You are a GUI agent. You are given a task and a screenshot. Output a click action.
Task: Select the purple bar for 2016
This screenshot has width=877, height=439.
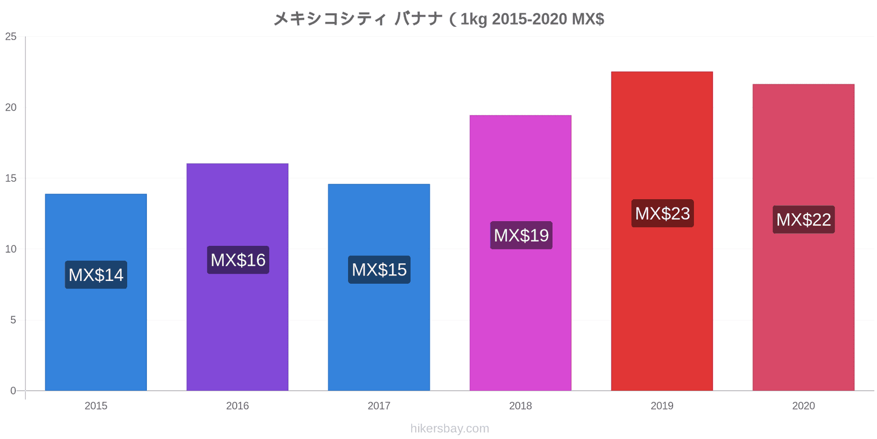click(237, 329)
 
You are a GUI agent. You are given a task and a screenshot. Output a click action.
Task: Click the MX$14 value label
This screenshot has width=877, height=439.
click(96, 275)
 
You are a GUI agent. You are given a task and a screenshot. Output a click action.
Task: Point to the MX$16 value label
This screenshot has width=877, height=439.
click(238, 260)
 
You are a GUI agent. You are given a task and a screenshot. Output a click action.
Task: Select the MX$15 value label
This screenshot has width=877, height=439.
click(379, 270)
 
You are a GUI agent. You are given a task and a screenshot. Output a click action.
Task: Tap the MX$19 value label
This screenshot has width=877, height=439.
click(521, 235)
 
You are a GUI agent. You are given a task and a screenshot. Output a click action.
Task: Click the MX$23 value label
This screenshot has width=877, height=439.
click(662, 213)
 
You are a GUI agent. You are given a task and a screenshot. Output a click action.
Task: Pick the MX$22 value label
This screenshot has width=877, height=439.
click(804, 219)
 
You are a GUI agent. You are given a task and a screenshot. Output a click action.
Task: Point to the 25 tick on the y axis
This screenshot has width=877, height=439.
click(11, 37)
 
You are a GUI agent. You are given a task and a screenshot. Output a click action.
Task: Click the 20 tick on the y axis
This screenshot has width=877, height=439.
click(11, 108)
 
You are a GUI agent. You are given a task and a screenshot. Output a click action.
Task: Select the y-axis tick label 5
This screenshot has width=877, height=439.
click(13, 320)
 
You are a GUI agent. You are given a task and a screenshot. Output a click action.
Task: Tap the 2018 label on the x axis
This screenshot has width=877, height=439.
click(520, 406)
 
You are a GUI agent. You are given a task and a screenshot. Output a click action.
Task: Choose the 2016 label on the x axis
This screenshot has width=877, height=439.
click(237, 406)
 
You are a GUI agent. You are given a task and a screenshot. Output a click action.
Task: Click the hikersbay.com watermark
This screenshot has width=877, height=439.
click(449, 429)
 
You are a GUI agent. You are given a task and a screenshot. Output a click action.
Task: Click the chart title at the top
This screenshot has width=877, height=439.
click(438, 19)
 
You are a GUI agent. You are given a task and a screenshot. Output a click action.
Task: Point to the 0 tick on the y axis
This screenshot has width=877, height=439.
click(13, 391)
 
